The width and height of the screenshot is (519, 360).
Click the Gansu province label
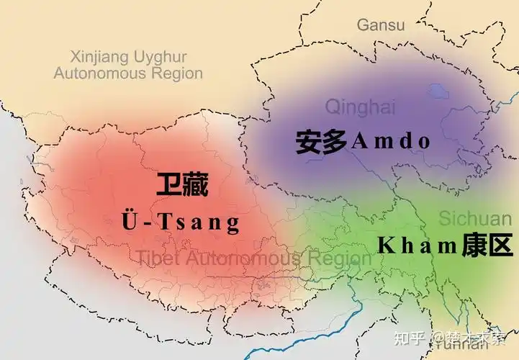(x=381, y=25)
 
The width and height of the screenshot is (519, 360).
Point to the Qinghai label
(x=360, y=108)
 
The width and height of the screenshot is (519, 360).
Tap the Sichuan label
(x=474, y=218)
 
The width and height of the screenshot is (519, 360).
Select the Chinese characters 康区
(x=488, y=246)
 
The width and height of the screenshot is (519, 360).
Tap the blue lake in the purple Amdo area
(x=435, y=91)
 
